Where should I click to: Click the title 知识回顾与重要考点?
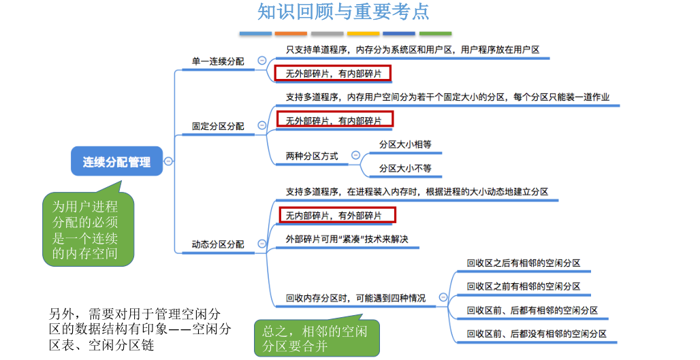pos(343,12)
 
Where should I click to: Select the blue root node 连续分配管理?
pos(117,162)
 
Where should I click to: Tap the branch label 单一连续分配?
pos(218,61)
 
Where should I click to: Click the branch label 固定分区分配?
pos(218,126)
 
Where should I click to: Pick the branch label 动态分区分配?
pos(218,244)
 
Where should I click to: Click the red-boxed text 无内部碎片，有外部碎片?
pos(337,216)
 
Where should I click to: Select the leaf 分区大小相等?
pos(405,144)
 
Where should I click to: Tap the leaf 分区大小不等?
pos(405,168)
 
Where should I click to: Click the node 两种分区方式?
pos(312,156)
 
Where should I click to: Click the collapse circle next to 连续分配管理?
pos(168,161)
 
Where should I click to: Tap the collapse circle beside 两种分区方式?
pos(355,156)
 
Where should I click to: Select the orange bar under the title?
pos(291,33)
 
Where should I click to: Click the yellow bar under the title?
pos(363,33)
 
